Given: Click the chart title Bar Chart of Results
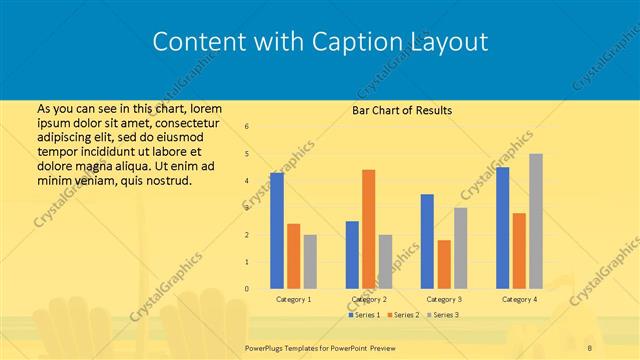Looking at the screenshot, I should tap(402, 110).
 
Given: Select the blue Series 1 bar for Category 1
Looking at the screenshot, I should tap(277, 230).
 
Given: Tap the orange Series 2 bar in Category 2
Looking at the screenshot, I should tap(369, 229).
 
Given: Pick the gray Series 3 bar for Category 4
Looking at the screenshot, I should tap(536, 221).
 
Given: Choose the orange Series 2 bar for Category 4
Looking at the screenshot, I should tap(519, 250).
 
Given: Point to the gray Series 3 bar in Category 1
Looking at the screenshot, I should tap(310, 261).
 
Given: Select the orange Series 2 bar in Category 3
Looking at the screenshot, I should tap(444, 264).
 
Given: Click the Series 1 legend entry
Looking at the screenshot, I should tap(364, 315).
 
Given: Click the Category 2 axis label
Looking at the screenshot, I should tap(369, 299).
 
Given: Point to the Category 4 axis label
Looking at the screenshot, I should tap(519, 299).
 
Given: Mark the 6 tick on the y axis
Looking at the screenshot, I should tap(247, 127).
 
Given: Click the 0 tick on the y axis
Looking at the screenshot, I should tap(247, 289).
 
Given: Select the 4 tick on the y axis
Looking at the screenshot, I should tap(247, 181).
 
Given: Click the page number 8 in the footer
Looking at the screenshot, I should tap(591, 346).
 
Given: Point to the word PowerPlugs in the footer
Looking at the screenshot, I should tap(267, 346).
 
